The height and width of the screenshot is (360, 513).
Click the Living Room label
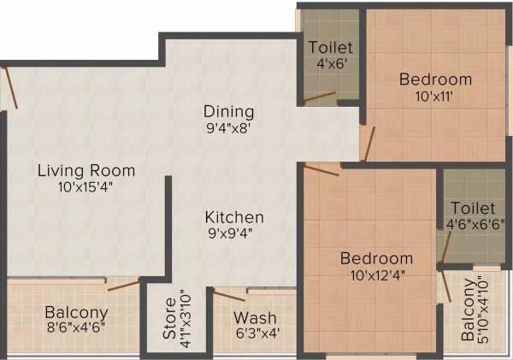point(86,170)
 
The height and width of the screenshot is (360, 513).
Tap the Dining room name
point(228,112)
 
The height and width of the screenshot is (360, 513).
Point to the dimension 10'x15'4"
point(86,186)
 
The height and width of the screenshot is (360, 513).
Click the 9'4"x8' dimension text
point(228,129)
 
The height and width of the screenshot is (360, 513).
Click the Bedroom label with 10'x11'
point(436,80)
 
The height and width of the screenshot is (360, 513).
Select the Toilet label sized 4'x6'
point(330,47)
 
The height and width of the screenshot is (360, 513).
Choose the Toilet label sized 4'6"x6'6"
point(473,209)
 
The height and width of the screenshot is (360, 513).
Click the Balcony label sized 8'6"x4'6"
point(76,312)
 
